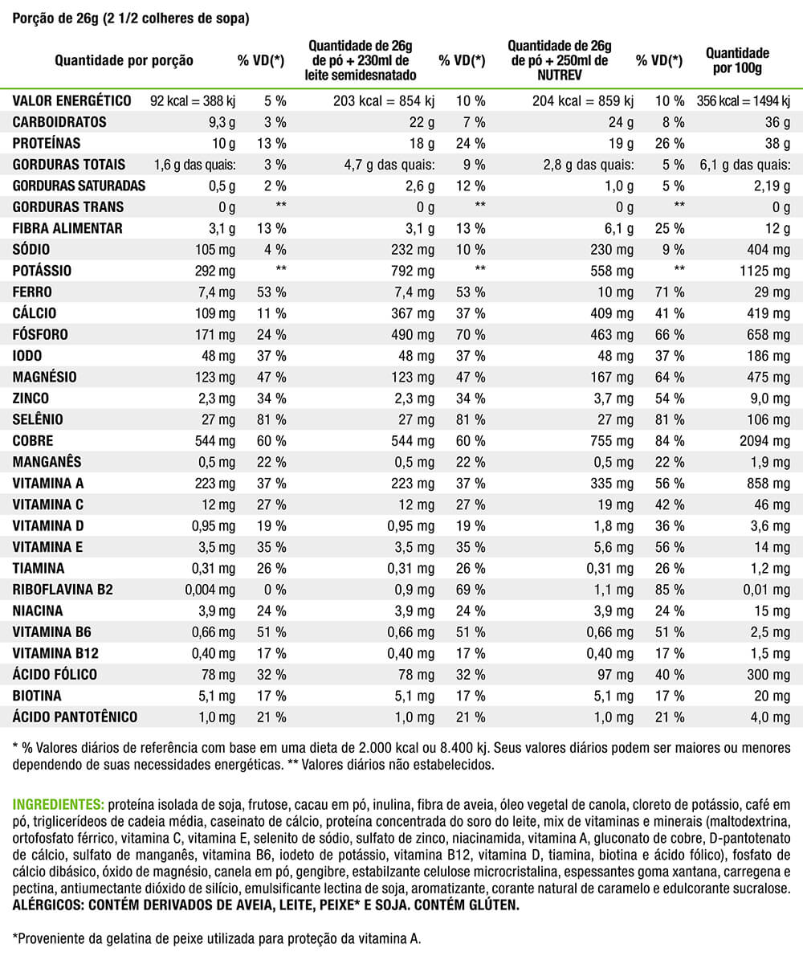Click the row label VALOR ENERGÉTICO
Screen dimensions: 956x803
71,101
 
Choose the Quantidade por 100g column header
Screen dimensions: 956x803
736,60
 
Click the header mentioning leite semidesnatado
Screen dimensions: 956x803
361,60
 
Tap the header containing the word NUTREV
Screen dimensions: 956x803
560,60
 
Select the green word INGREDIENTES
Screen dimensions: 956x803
58,803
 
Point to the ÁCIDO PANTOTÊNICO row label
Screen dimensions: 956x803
75,717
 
